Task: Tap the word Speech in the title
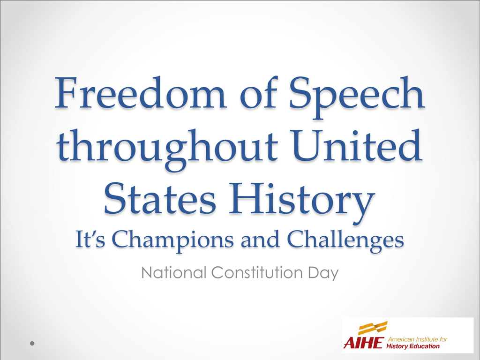click(357, 97)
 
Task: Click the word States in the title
click(160, 198)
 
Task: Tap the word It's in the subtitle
click(90, 240)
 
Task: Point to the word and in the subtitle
click(260, 240)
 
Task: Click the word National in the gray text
click(174, 272)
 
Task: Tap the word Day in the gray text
click(323, 273)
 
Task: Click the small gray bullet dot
click(32, 344)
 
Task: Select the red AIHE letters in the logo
click(363, 343)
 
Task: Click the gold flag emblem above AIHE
click(373, 328)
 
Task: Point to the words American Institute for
click(418, 339)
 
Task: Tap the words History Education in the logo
click(412, 346)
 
